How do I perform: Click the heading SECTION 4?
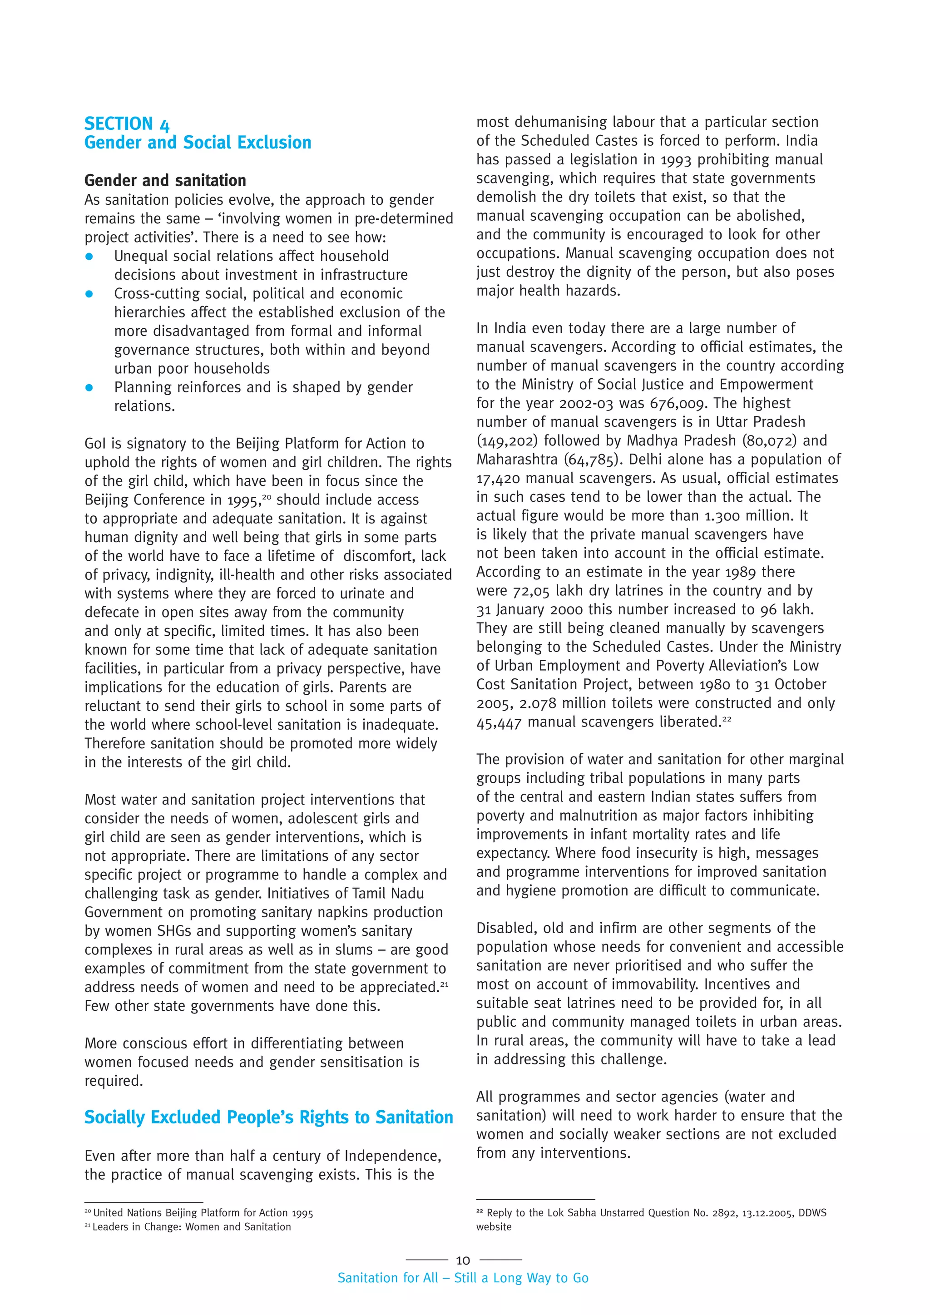pos(127,124)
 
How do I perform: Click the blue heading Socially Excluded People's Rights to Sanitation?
pos(268,1117)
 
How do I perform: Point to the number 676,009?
pos(676,403)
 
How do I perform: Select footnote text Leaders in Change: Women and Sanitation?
pos(191,1227)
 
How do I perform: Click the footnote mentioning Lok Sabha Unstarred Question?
pos(651,1212)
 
